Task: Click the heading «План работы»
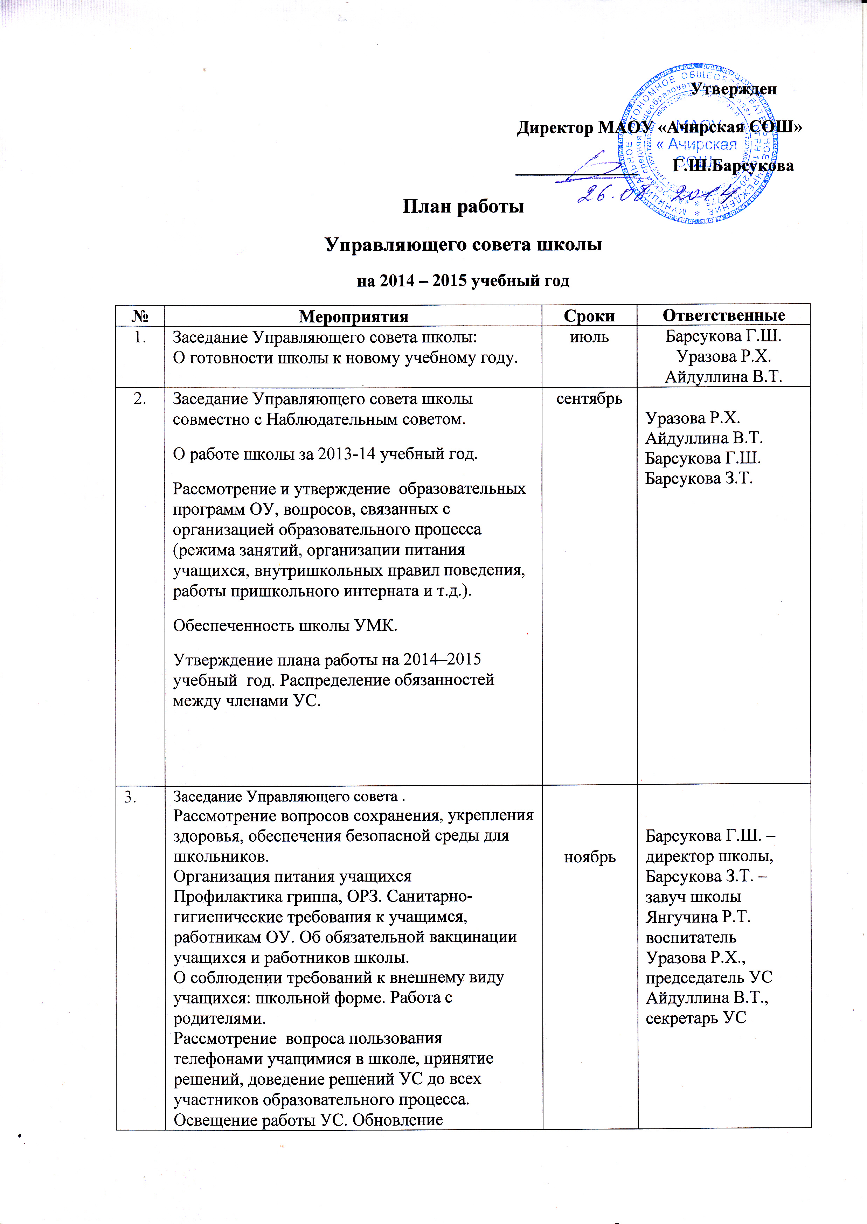(x=463, y=206)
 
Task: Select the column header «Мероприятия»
(x=353, y=317)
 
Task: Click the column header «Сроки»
(x=589, y=316)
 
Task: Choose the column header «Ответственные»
(x=723, y=315)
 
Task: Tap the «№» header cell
(x=140, y=317)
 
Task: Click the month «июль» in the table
(x=589, y=338)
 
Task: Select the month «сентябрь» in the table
(x=589, y=399)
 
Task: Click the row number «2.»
(x=140, y=399)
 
